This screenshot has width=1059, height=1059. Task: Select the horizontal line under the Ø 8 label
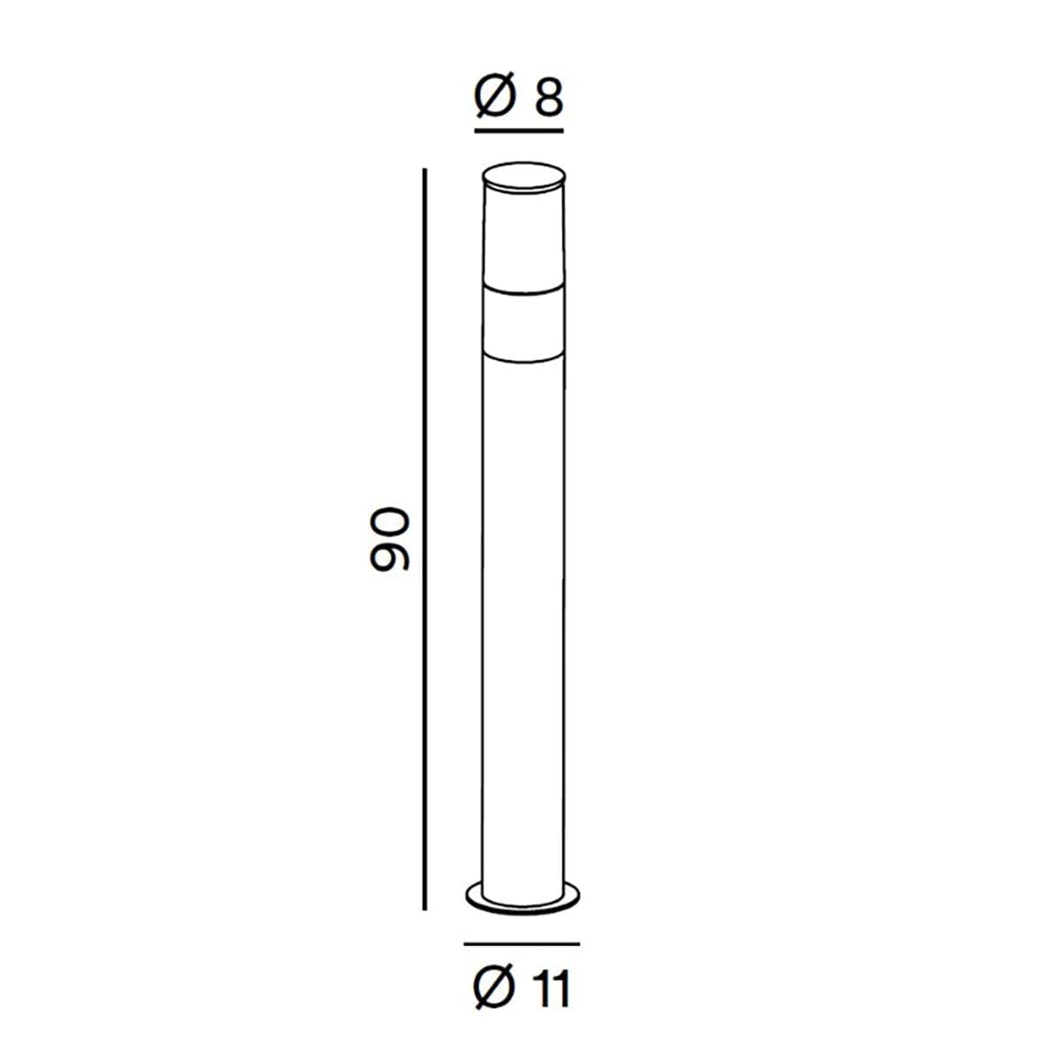point(519,131)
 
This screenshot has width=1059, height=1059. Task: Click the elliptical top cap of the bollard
point(523,176)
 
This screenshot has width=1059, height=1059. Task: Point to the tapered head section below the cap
point(523,237)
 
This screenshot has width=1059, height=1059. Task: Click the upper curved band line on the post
point(523,290)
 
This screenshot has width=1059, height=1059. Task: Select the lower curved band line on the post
point(523,357)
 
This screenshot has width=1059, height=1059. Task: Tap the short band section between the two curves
point(523,324)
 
